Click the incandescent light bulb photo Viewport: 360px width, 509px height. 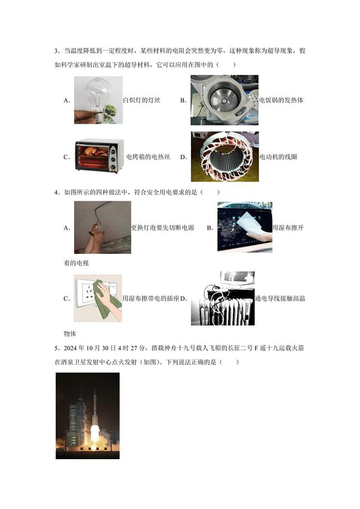click(x=98, y=100)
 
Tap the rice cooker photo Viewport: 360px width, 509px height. click(x=224, y=100)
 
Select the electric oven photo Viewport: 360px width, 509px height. click(x=99, y=156)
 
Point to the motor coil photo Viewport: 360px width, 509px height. click(x=224, y=157)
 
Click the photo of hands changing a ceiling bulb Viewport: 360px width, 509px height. click(x=102, y=227)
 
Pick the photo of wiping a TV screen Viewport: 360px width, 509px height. click(x=244, y=227)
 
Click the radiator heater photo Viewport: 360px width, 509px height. click(x=223, y=298)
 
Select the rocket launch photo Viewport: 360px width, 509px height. click(x=88, y=416)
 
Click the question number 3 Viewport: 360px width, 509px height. click(x=56, y=51)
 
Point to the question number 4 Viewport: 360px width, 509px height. click(x=56, y=192)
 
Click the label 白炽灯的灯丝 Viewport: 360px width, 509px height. click(x=141, y=100)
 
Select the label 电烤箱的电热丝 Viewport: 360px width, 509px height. click(x=148, y=157)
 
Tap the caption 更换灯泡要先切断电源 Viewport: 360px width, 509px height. click(x=162, y=228)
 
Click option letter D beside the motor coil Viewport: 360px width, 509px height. click(x=184, y=157)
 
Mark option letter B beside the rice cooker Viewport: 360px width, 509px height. click(x=183, y=101)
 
